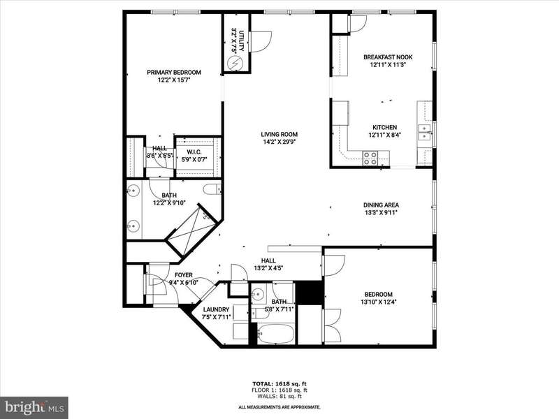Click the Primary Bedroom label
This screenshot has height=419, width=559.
click(x=174, y=73)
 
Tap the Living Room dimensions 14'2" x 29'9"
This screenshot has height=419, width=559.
click(x=279, y=142)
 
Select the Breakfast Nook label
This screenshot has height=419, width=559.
click(x=388, y=57)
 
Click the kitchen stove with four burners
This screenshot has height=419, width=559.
click(x=370, y=159)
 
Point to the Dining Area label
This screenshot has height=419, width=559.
click(x=381, y=205)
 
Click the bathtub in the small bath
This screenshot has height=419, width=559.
click(x=275, y=335)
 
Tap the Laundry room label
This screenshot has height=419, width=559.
click(x=216, y=309)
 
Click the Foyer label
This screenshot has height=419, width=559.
click(x=184, y=275)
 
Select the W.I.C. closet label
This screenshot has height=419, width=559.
click(x=194, y=152)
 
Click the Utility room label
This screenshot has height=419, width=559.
click(x=241, y=41)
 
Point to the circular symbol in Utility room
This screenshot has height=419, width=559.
click(x=235, y=64)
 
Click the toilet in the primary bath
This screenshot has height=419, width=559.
click(x=212, y=189)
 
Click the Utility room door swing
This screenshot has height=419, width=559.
click(x=262, y=43)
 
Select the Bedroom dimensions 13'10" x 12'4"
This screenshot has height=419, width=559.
click(x=379, y=302)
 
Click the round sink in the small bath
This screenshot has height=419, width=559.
click(x=257, y=294)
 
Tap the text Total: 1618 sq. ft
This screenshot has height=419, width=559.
click(x=279, y=383)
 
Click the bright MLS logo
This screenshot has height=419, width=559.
click(x=34, y=406)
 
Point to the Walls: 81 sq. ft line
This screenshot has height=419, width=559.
click(x=279, y=396)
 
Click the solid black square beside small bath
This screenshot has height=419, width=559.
click(x=310, y=293)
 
